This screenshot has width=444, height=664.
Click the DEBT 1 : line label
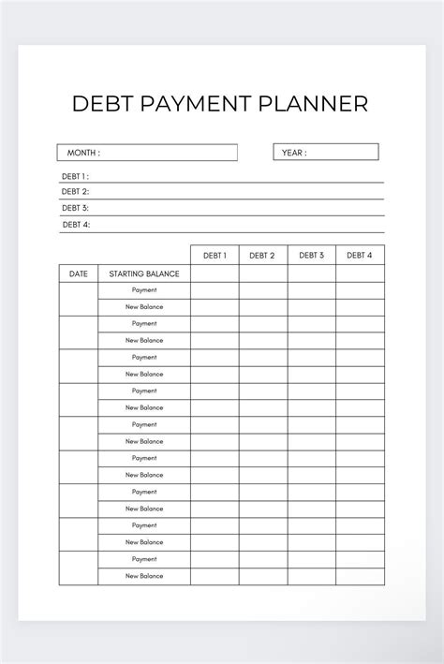(75, 176)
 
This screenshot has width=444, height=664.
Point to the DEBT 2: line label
(75, 192)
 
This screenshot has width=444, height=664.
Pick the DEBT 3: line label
(75, 208)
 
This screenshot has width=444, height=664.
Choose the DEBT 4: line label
(75, 225)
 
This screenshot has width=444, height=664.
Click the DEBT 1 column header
(215, 255)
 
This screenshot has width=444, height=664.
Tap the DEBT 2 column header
(262, 255)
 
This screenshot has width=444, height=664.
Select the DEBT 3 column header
(311, 255)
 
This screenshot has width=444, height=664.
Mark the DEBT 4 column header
(360, 255)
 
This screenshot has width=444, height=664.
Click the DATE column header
(79, 273)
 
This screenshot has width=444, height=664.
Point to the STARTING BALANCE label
(144, 273)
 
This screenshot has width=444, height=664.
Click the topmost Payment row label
(144, 290)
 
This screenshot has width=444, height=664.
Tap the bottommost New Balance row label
(144, 576)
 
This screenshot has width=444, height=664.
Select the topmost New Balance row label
(144, 307)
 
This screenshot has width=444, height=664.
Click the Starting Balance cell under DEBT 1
(215, 273)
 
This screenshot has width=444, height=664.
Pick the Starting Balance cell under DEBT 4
(360, 273)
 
